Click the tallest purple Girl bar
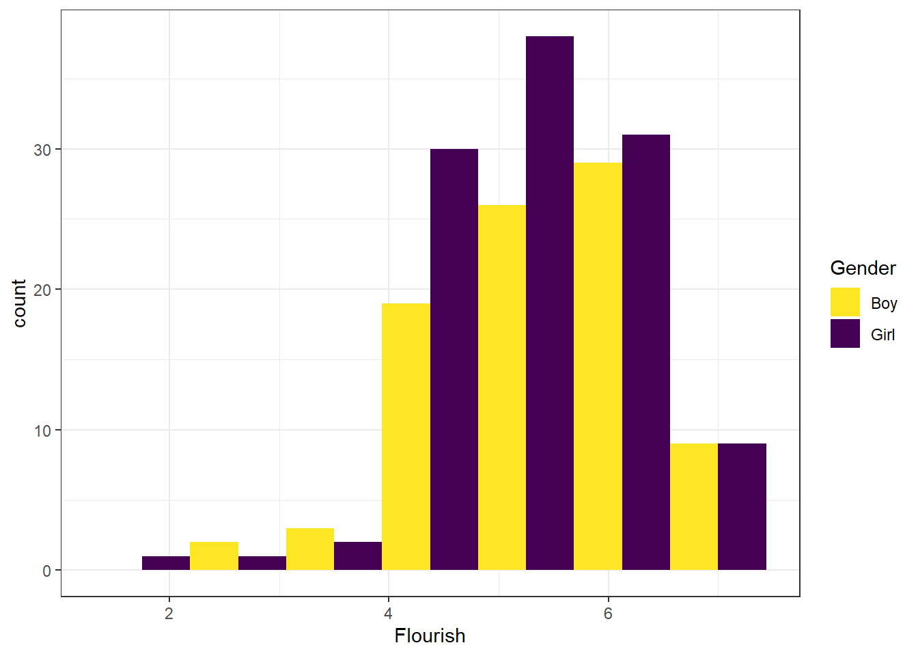tap(550, 303)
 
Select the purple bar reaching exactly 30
tap(454, 359)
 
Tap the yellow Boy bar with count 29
tap(598, 366)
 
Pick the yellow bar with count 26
tap(502, 387)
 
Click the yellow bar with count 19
tap(406, 437)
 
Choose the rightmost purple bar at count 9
tap(742, 507)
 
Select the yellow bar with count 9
tap(694, 507)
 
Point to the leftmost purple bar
tap(166, 563)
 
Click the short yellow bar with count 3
tap(310, 549)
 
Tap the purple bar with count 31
tap(646, 352)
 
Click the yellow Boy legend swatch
tap(845, 302)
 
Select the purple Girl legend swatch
tap(845, 333)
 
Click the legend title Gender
tap(863, 268)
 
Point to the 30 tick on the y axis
tap(59, 149)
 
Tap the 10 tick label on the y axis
tap(42, 431)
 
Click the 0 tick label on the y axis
tap(46, 571)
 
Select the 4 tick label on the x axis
tap(388, 614)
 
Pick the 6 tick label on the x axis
tap(608, 614)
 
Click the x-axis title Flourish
tap(430, 636)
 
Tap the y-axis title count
tap(19, 303)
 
